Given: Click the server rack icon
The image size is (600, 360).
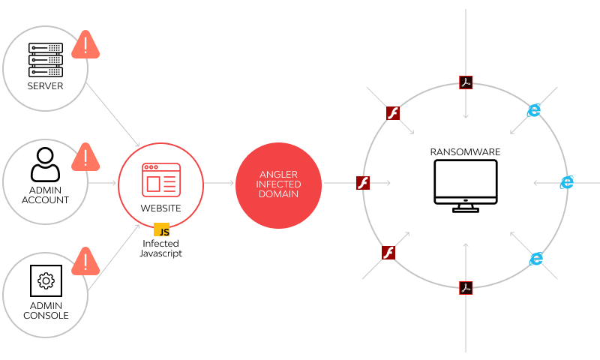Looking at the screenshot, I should [x=45, y=59].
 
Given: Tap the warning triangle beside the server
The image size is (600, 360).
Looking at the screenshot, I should [x=85, y=46].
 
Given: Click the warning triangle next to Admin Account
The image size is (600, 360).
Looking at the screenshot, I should [x=85, y=158].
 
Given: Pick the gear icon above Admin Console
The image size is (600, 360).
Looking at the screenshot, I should [x=46, y=281].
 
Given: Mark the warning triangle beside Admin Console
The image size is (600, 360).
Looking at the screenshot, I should [x=85, y=262].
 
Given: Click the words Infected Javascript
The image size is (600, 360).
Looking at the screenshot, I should [x=160, y=248].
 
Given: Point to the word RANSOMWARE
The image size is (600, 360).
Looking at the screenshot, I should [x=466, y=152].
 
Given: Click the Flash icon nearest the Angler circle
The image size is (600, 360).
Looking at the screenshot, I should [x=364, y=182].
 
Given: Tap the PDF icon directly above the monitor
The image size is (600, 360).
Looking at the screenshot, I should [x=466, y=82].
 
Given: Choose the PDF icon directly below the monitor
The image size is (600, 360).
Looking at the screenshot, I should [x=466, y=287].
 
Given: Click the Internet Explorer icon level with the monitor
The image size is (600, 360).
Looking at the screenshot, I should [x=567, y=182].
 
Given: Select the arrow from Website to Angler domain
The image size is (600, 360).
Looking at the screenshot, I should [x=219, y=183].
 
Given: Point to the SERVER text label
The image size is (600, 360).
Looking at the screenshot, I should [x=45, y=86].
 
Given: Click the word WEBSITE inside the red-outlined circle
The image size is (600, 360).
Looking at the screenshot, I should [x=161, y=207].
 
